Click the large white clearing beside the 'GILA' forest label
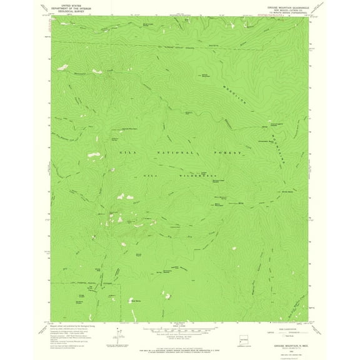tap(94, 154)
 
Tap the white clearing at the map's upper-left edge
tap(62, 66)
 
